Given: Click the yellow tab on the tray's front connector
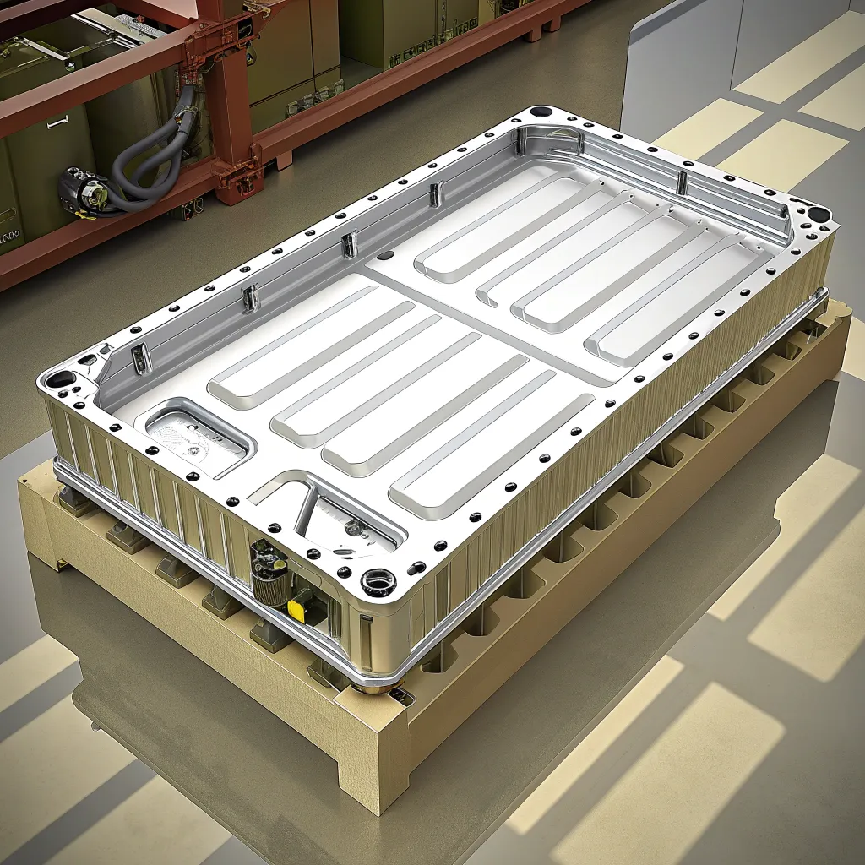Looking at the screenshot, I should (x=297, y=607).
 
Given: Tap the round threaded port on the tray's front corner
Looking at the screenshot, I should (x=378, y=582).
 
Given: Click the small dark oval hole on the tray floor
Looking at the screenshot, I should (x=385, y=254).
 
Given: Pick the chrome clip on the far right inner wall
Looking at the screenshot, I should (x=682, y=182).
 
